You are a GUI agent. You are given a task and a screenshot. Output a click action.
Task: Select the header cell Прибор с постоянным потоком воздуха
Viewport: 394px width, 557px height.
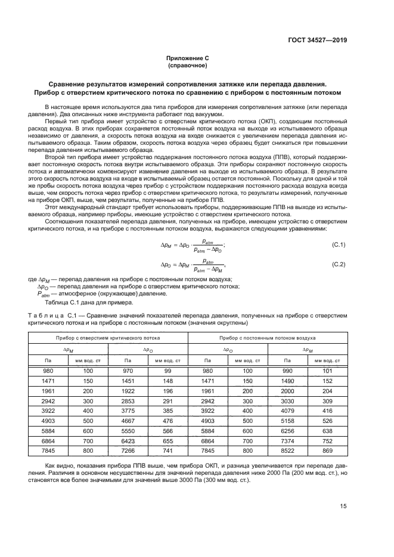click(x=267, y=337)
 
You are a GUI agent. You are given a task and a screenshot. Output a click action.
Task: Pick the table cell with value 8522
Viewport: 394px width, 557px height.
click(x=287, y=451)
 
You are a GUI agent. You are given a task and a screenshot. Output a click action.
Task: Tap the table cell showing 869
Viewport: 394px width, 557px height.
click(x=327, y=451)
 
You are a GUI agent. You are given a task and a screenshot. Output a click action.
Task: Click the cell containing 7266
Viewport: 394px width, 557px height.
click(x=128, y=451)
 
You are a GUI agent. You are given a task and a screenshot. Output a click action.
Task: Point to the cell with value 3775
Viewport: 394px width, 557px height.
click(x=128, y=410)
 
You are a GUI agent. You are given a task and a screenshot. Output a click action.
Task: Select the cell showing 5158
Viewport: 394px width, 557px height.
click(x=287, y=421)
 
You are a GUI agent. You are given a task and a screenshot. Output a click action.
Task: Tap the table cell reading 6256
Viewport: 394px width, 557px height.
click(x=287, y=431)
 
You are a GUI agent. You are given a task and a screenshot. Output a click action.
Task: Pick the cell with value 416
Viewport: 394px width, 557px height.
click(x=327, y=410)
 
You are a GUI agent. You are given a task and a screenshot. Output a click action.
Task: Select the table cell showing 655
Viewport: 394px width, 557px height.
click(x=168, y=441)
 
